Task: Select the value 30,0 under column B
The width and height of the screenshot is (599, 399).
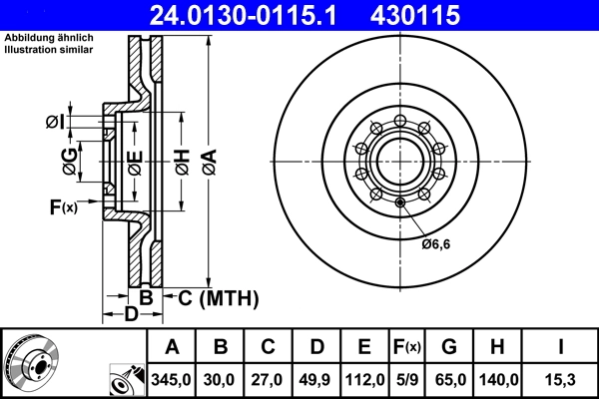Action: pos(221,379)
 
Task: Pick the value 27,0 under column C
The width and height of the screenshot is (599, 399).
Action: pos(269,379)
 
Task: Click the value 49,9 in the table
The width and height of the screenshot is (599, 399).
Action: pos(316,379)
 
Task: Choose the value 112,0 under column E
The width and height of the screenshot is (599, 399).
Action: pos(365,379)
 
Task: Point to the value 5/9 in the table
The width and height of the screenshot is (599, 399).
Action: pos(406,379)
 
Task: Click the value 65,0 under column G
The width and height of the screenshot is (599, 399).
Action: pos(448,379)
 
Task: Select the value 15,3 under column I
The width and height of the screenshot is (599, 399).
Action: pos(561,379)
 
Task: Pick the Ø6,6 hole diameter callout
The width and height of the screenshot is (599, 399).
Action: pos(435,243)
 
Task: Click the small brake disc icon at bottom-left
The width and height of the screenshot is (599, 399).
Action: pos(30,362)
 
